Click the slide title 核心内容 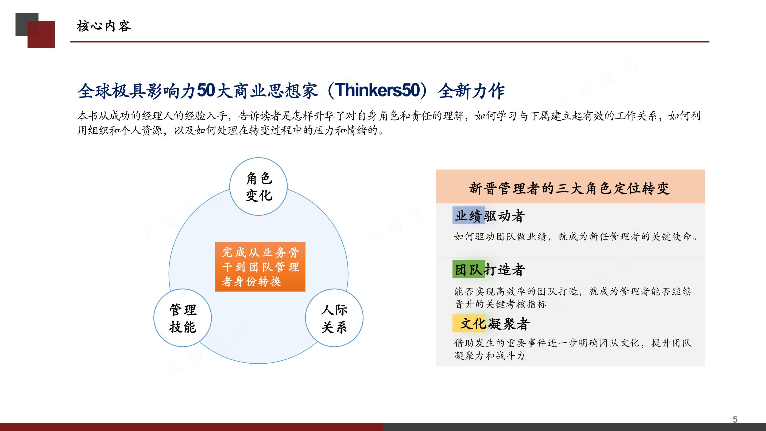(104, 26)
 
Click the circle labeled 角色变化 (258, 187)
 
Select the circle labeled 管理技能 (183, 318)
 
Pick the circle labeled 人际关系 (334, 318)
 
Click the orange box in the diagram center (260, 267)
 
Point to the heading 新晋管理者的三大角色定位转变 (570, 188)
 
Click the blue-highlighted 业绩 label (469, 216)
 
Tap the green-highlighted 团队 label (469, 270)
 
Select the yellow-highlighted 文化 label (469, 323)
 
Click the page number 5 (735, 419)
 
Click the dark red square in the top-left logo (41, 34)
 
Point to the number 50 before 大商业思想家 (206, 90)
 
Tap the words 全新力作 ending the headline (471, 91)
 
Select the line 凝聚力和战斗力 (489, 355)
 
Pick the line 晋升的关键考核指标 (500, 304)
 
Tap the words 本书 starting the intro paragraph (88, 116)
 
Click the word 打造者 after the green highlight (505, 270)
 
